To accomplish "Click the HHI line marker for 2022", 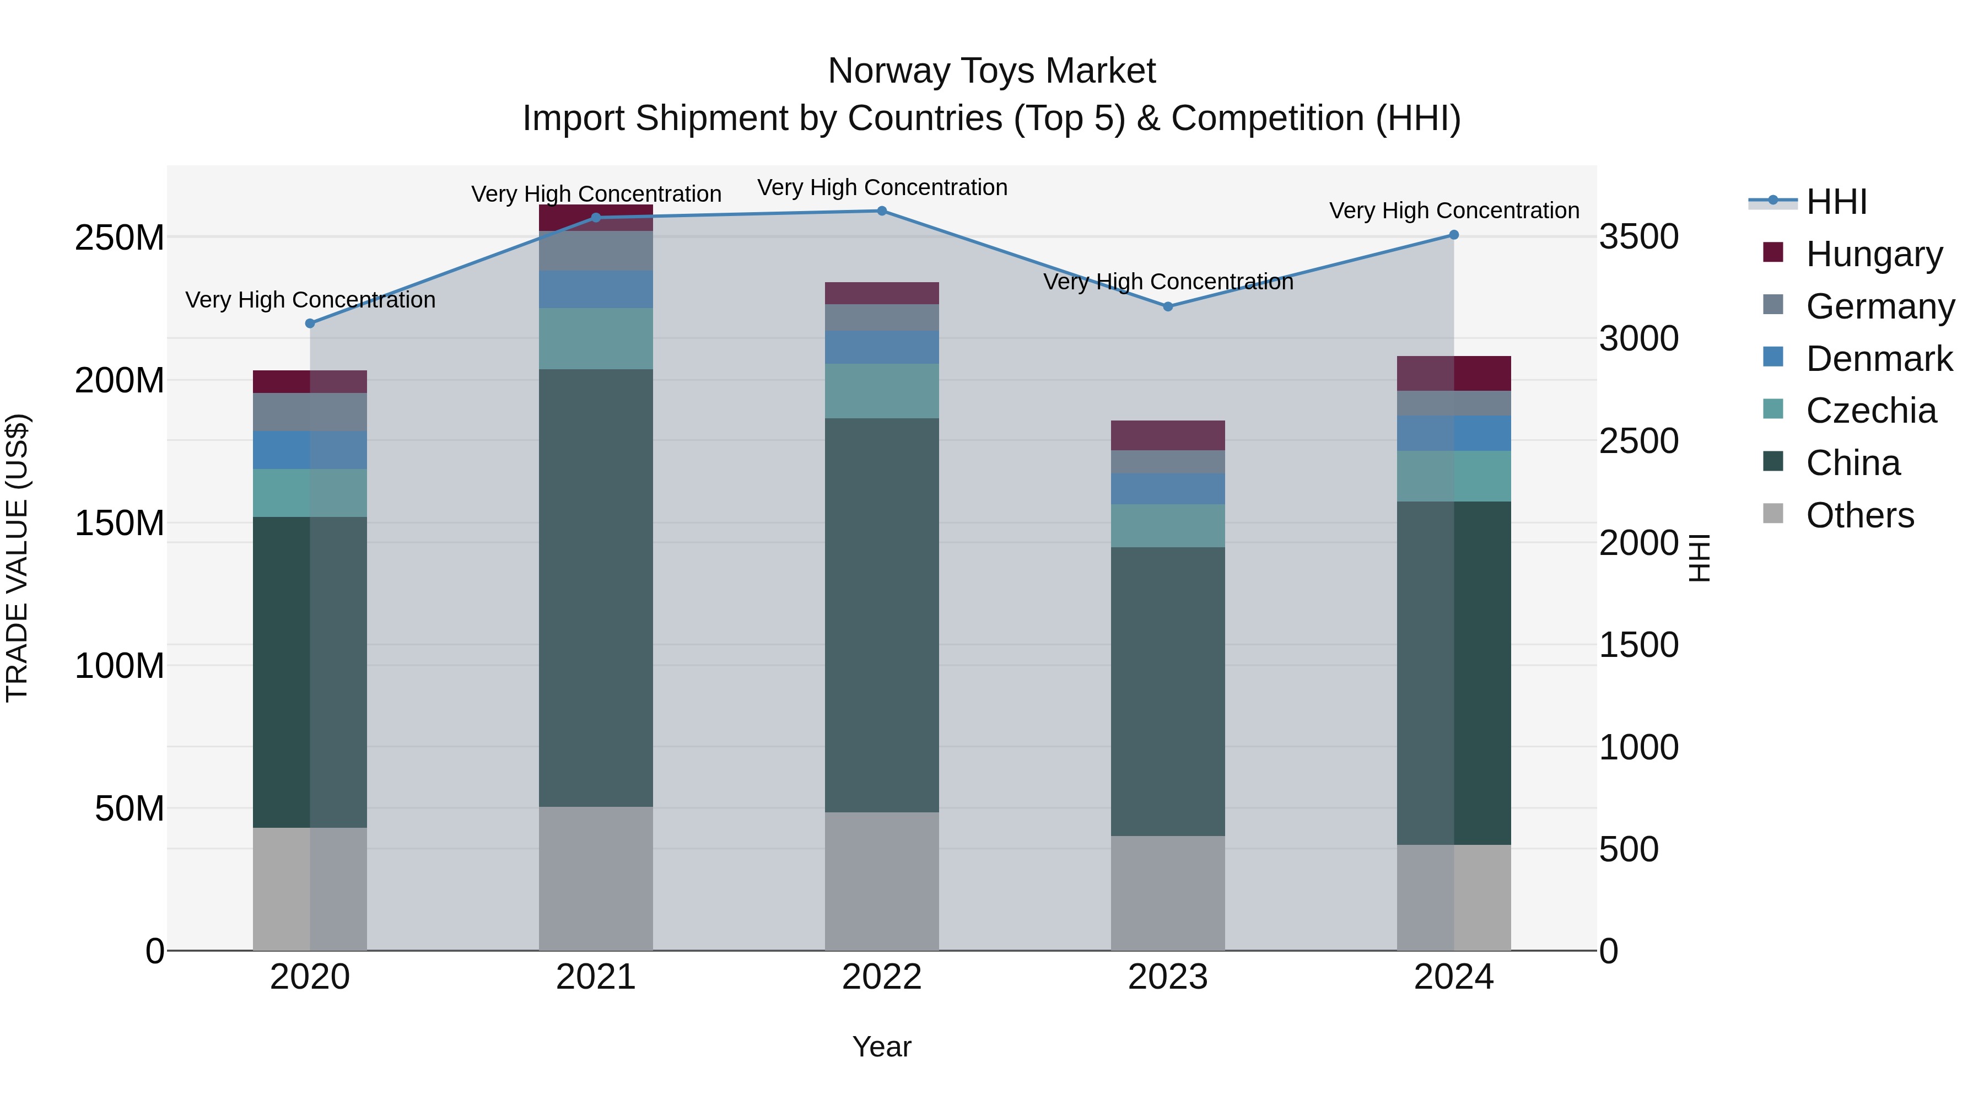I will click(x=882, y=211).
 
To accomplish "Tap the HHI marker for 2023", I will click(x=1168, y=306).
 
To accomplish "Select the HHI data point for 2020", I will click(x=310, y=324).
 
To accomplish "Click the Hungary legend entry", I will click(x=1873, y=254).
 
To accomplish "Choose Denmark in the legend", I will click(x=1879, y=359).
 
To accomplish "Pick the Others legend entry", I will click(x=1859, y=515).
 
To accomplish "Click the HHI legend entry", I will click(x=1836, y=202).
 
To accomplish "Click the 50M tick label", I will click(x=130, y=808).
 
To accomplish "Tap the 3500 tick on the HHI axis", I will click(x=1639, y=236).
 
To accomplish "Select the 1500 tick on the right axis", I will click(x=1639, y=645).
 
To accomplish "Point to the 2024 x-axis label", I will click(x=1453, y=977).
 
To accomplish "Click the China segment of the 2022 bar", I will click(x=882, y=614).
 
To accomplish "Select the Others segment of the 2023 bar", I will click(x=1168, y=893).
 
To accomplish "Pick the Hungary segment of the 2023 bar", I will click(x=1168, y=435).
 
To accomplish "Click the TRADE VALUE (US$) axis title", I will click(x=18, y=558).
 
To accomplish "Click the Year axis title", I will click(x=882, y=1047).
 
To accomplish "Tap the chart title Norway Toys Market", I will click(x=991, y=71).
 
